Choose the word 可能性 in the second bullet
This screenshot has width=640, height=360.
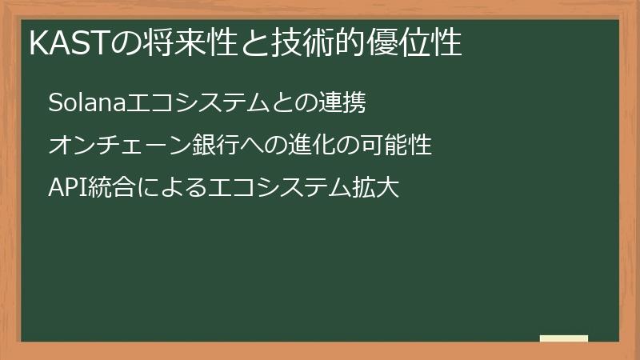click(x=391, y=146)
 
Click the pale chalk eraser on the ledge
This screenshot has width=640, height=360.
click(x=564, y=339)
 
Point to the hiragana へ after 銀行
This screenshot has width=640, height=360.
click(x=241, y=146)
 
